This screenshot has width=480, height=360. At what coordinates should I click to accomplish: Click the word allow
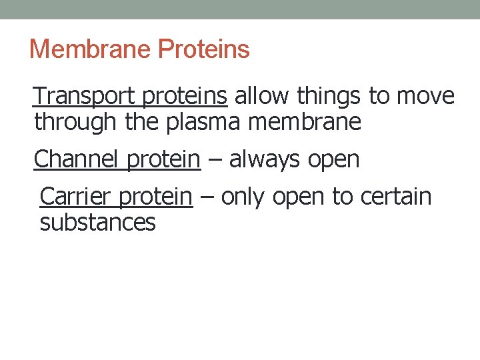(263, 97)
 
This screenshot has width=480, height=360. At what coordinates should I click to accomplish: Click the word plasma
(202, 122)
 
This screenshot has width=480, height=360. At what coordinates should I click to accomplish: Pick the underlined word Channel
(75, 159)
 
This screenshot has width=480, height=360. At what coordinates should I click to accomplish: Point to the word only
(244, 197)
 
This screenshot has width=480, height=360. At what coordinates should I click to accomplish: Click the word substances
(97, 222)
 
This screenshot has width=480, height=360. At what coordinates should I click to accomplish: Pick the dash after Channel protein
(215, 160)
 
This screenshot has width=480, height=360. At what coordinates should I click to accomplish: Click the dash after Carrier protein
(207, 197)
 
